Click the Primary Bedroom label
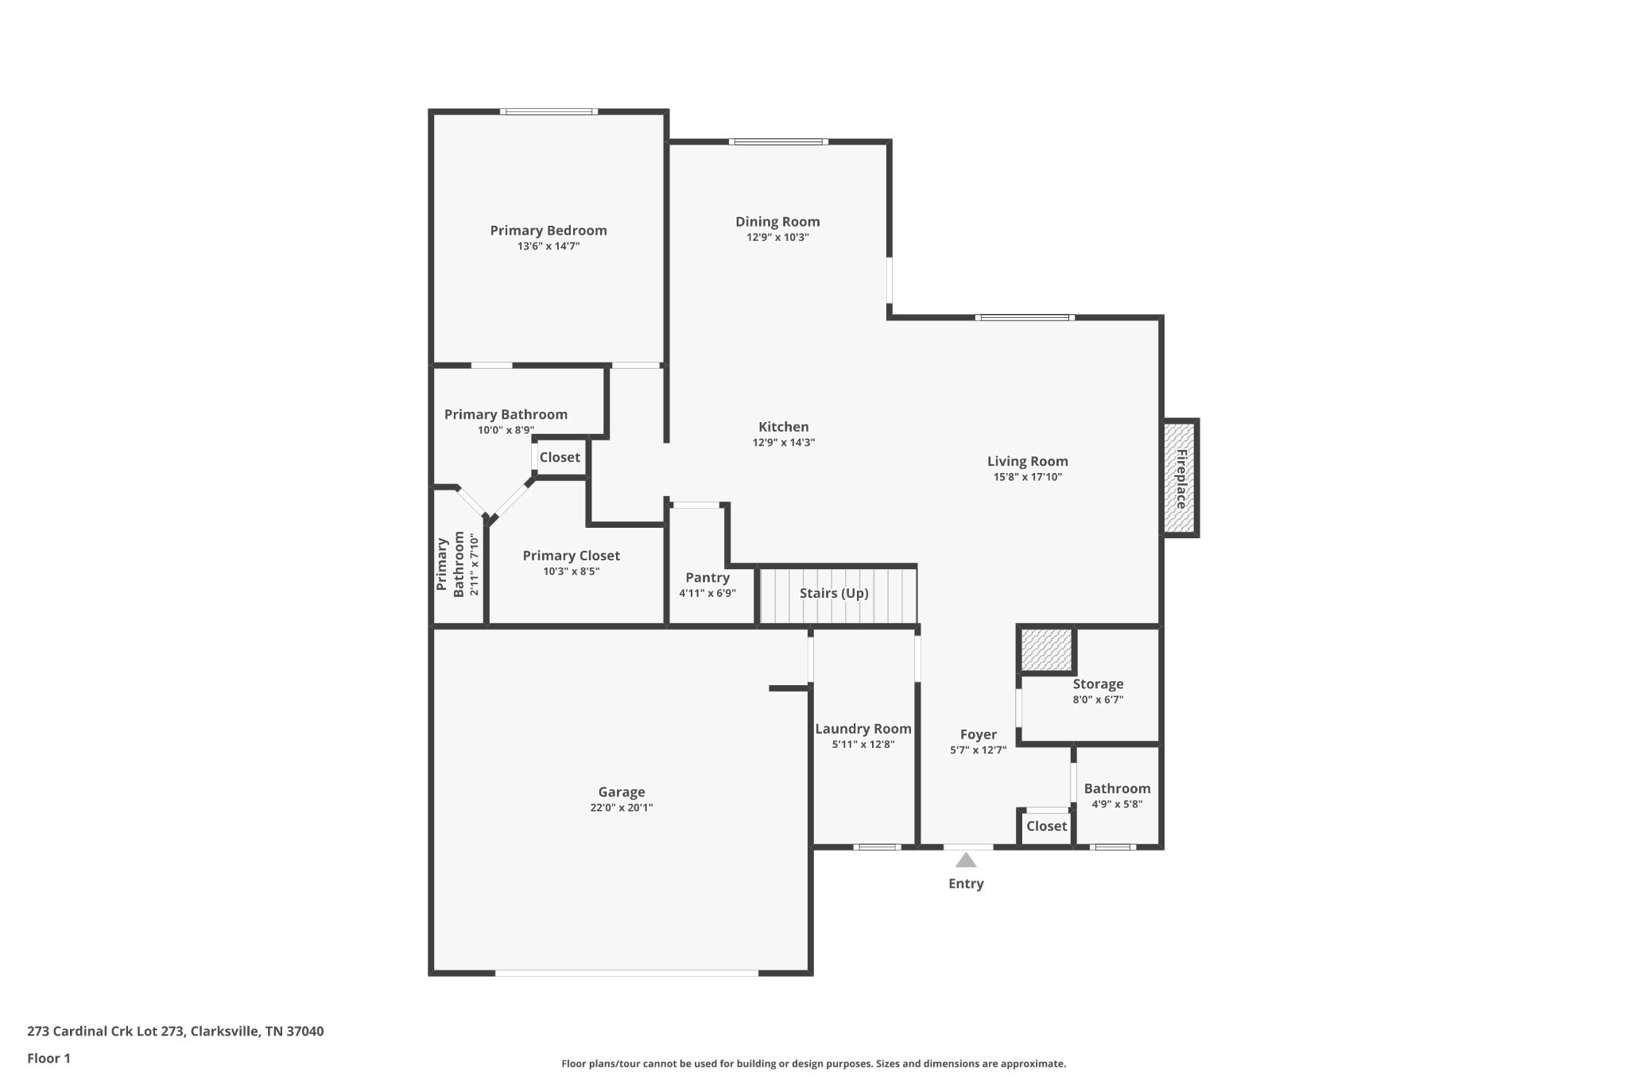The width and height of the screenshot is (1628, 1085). click(x=548, y=231)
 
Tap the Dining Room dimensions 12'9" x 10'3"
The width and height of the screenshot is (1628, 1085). click(x=777, y=238)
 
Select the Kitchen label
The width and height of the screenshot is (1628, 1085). click(x=783, y=427)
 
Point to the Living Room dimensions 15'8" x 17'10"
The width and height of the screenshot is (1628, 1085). click(x=1027, y=477)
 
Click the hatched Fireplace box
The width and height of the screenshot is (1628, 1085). click(x=1180, y=479)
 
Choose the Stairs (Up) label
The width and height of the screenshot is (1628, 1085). click(x=833, y=594)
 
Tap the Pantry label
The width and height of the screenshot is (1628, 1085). click(x=707, y=578)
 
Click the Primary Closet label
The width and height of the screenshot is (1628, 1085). click(x=571, y=556)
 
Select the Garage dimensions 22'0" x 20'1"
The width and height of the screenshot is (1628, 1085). click(x=621, y=808)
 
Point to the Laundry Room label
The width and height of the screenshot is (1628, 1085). click(x=862, y=729)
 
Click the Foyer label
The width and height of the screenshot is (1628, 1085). click(x=978, y=734)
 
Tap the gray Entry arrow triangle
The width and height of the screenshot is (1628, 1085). click(x=965, y=860)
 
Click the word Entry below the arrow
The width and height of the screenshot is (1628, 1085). click(x=965, y=883)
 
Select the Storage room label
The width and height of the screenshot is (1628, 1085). click(x=1097, y=684)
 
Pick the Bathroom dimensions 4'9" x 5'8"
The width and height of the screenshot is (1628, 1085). click(x=1116, y=804)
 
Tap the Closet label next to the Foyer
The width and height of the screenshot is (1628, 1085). click(x=1046, y=826)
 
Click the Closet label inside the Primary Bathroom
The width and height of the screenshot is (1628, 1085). click(x=560, y=457)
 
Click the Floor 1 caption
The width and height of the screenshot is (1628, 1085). click(x=48, y=1058)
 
